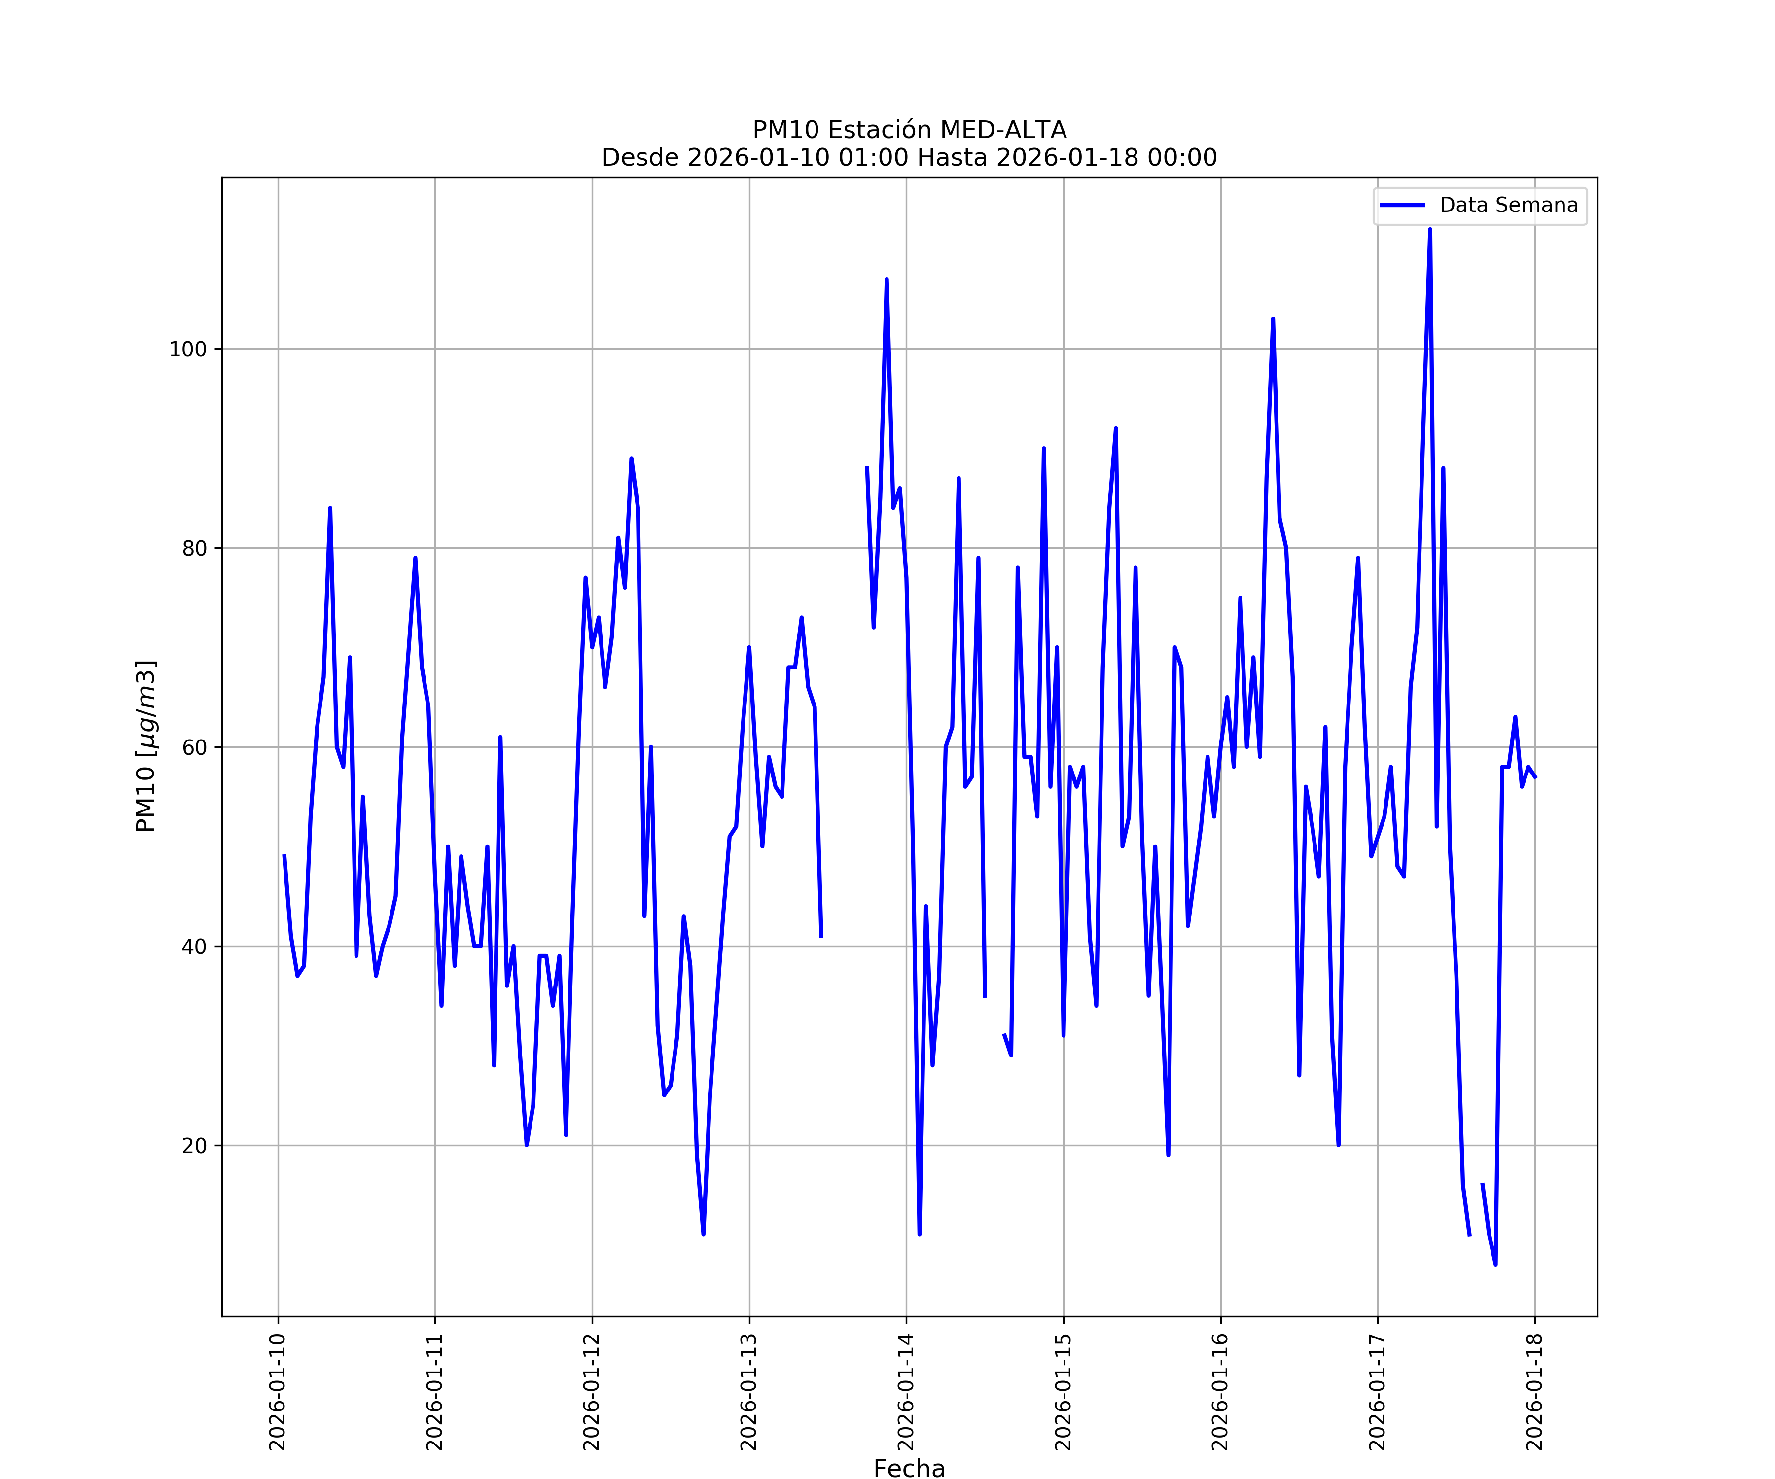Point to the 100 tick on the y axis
click(x=188, y=349)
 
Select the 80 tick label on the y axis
click(x=194, y=549)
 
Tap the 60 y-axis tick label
click(x=194, y=747)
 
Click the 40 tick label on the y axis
click(x=194, y=947)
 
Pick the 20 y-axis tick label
click(x=194, y=1146)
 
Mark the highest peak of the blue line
click(x=1430, y=230)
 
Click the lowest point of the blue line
click(x=1495, y=1265)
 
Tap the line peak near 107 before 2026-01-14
click(x=887, y=280)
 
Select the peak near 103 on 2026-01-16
click(x=1273, y=319)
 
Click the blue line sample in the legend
click(x=1402, y=206)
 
